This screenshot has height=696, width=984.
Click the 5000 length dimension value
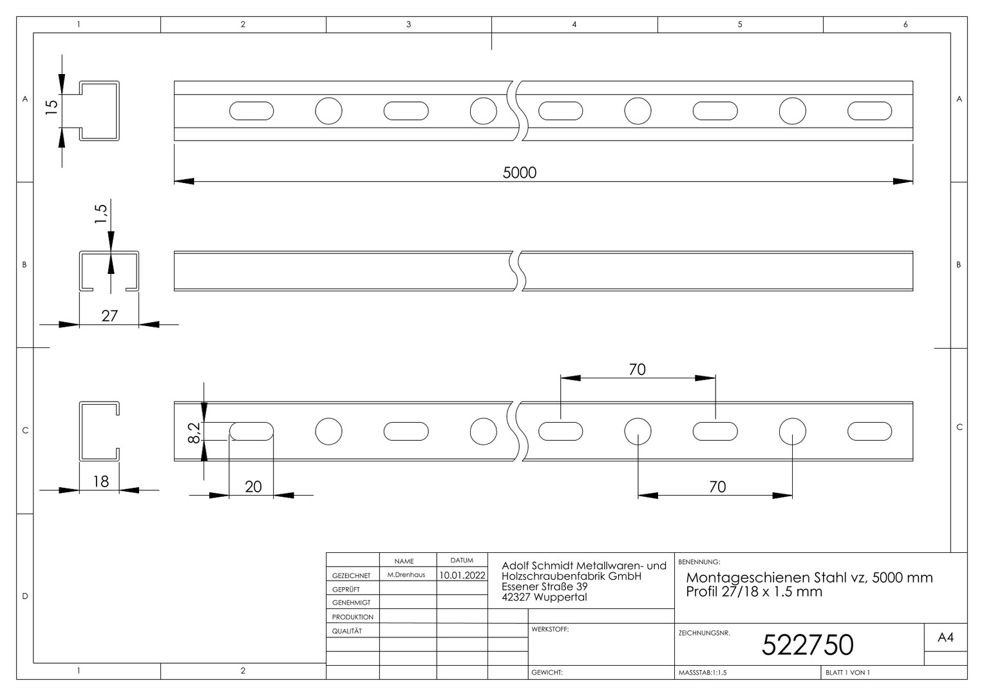point(519,172)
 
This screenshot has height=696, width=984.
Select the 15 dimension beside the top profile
point(52,107)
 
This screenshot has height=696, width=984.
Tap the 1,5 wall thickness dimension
point(100,213)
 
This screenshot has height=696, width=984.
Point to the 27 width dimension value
point(109,316)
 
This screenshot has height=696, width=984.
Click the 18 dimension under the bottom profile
point(100,481)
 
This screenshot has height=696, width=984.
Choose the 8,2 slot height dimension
point(194,432)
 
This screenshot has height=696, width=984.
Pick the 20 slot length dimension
point(253,487)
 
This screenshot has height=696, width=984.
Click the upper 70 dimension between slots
point(637,369)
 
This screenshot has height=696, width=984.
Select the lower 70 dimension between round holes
point(717,487)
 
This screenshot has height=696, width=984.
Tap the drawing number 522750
point(808,645)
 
